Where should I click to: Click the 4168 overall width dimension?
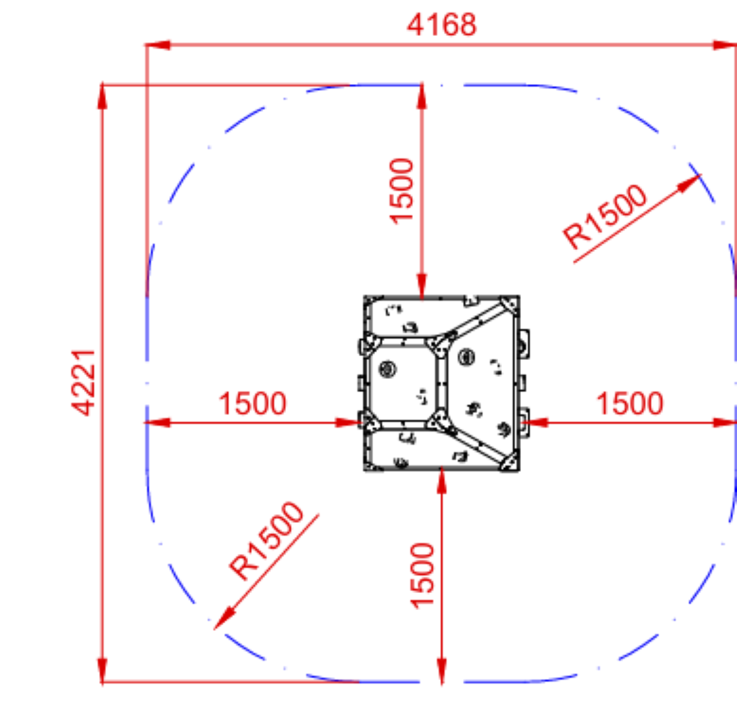coord(442,25)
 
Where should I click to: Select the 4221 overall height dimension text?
coord(84,383)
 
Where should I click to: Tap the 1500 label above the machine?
coord(402,191)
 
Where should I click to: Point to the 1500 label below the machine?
coord(422,576)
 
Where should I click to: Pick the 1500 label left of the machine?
coord(253,403)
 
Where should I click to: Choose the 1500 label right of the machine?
coord(630,403)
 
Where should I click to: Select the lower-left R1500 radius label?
coord(266,541)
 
